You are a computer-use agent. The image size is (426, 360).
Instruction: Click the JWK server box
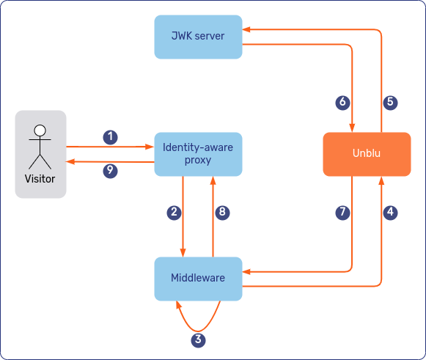pos(198,36)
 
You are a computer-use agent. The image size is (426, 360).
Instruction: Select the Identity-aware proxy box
pos(198,154)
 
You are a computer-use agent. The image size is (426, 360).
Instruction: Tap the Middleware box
pos(198,278)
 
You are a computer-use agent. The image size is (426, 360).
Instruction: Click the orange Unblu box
pos(366,154)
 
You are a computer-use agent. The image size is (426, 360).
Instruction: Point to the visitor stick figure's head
pos(40,131)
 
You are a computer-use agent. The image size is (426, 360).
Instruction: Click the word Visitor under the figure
pos(40,178)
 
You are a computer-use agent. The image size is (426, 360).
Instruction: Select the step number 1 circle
pos(110,137)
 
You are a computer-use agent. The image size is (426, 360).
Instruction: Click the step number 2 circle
pos(174,213)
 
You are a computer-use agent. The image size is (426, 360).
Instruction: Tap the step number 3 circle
pos(198,339)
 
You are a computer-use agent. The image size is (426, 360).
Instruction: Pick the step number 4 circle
pos(391,213)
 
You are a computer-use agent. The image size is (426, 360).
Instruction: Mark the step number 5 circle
pos(391,103)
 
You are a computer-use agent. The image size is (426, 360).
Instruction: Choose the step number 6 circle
pos(342,103)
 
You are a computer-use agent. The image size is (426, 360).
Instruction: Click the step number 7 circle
pos(342,213)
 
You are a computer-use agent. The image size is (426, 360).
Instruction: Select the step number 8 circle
pos(223,213)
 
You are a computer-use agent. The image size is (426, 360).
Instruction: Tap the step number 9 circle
pos(110,170)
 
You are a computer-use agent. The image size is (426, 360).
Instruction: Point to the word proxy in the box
pos(198,161)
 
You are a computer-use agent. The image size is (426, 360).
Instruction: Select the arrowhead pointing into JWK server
pos(247,30)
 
